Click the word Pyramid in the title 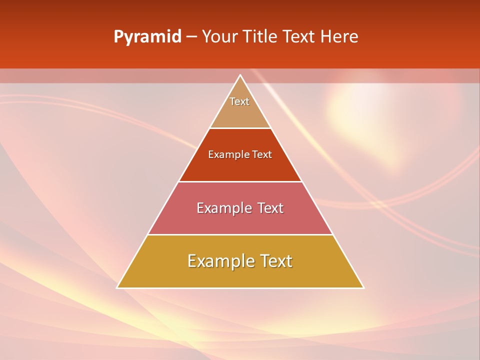tap(147, 37)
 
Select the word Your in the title tap(219, 36)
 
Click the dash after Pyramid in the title tap(191, 37)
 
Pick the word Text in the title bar tap(299, 36)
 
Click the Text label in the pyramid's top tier tap(239, 101)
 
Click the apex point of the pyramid tap(240, 75)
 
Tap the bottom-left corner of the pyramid tap(117, 287)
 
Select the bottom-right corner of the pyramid tap(363, 287)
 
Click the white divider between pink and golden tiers tap(240, 234)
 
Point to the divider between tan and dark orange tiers tap(240, 128)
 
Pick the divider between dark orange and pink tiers tap(240, 181)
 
